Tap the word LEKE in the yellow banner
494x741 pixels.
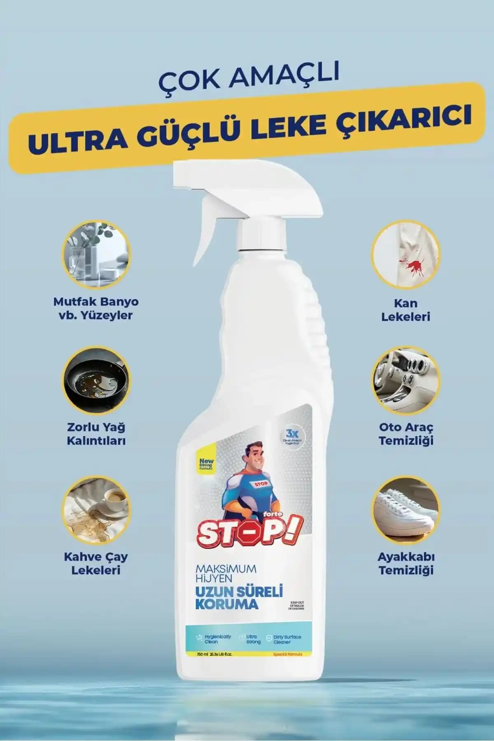(x=295, y=128)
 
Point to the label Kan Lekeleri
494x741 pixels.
(x=405, y=310)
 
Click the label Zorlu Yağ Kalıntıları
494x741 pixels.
(x=96, y=433)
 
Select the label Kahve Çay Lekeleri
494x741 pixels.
(x=96, y=563)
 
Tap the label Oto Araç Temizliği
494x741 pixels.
(x=406, y=433)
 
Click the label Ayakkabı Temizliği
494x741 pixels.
(x=406, y=563)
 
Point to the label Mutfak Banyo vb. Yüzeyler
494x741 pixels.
(x=96, y=308)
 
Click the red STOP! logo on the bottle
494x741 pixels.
(x=249, y=531)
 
